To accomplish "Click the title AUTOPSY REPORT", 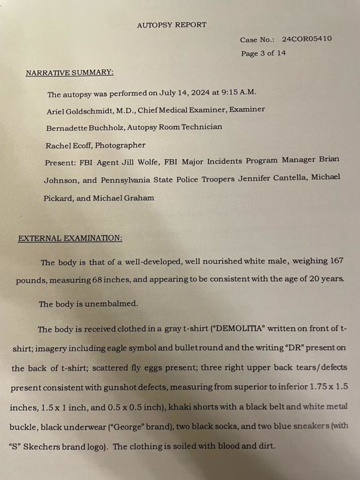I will (x=172, y=24).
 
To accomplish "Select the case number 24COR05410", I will (x=307, y=39).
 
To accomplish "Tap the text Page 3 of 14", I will (x=263, y=53).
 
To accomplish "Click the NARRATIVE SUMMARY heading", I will (x=69, y=72).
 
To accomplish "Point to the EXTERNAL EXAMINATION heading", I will (x=70, y=238).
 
